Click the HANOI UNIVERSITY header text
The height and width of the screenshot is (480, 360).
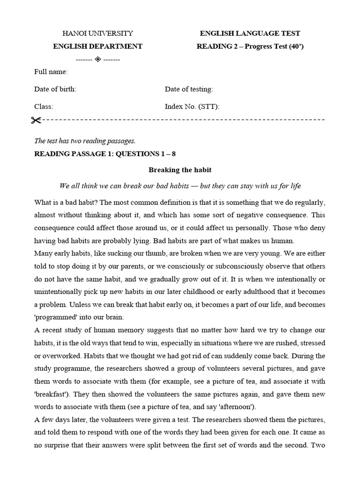97,33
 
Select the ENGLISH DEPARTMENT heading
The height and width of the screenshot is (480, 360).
97,46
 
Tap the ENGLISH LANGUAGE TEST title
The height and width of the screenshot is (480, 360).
250,33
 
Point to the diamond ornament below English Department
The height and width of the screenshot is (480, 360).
97,59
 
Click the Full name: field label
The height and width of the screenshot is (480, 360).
51,72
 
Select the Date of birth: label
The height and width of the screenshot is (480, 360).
55,89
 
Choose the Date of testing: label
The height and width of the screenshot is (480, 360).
189,89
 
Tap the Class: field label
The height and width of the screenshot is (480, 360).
44,106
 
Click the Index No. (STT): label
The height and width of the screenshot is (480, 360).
192,106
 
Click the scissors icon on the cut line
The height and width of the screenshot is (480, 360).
37,120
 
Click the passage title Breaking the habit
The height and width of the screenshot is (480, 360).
180,170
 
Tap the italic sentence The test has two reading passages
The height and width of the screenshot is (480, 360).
85,141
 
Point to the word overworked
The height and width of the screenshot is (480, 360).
62,355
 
